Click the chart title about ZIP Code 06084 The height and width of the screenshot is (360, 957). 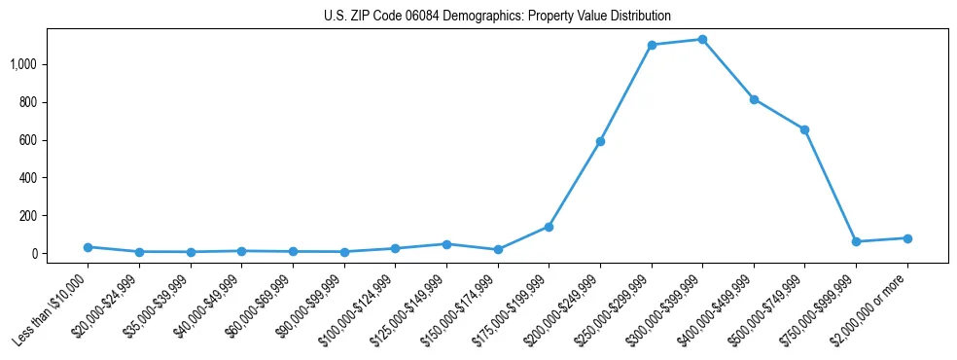click(x=497, y=17)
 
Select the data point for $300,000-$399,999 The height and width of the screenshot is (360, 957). click(x=702, y=39)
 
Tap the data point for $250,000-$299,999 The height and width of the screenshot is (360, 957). click(x=652, y=45)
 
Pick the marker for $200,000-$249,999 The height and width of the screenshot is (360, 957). click(x=600, y=141)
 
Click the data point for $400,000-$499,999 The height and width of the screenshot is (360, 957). click(x=754, y=99)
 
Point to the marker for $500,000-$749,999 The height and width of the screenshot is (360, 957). click(x=805, y=129)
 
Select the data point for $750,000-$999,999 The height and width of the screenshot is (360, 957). click(x=856, y=241)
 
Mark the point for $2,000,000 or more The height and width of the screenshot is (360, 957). click(x=907, y=238)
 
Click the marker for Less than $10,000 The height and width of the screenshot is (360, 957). click(x=88, y=247)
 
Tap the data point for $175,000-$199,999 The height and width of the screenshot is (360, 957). click(x=549, y=227)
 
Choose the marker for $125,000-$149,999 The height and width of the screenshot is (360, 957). click(x=446, y=244)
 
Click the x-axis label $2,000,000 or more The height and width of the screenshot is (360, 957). click(x=872, y=302)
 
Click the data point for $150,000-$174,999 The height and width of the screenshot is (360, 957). click(x=498, y=249)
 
